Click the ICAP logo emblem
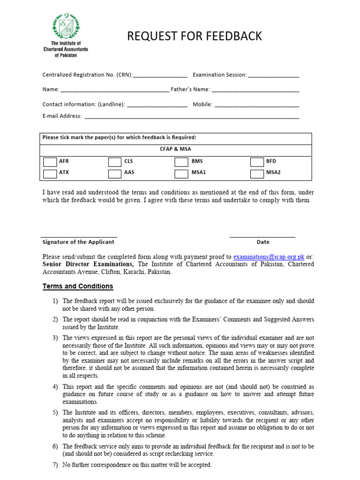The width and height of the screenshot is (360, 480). (66, 26)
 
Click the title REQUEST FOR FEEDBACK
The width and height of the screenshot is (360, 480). (195, 36)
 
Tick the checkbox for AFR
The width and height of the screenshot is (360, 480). (50, 162)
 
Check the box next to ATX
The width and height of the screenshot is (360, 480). (50, 173)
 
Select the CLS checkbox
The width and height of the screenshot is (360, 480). (114, 162)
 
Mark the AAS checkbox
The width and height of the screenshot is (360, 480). (114, 173)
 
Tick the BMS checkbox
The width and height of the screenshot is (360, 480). (181, 162)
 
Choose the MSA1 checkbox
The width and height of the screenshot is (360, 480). (181, 173)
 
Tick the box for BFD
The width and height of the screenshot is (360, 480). (257, 162)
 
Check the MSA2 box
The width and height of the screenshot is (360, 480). (257, 173)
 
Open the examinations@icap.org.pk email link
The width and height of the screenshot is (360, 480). (269, 257)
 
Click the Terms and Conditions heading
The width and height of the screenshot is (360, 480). (78, 286)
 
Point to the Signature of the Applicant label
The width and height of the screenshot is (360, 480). (78, 242)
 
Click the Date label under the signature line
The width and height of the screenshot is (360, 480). (263, 242)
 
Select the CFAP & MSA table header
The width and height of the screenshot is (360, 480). (175, 150)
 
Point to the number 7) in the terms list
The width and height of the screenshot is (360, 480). (55, 465)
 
